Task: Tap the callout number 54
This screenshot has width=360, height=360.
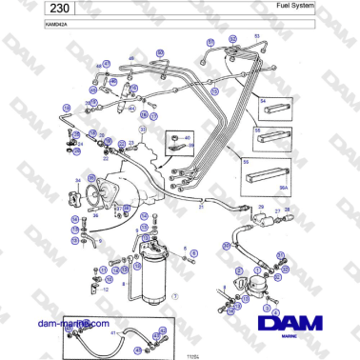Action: pos(263,98)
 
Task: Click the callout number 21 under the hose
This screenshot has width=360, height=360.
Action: pos(201,206)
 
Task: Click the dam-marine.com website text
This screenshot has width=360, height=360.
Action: pos(70,325)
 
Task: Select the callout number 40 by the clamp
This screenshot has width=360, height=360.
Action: pos(188,138)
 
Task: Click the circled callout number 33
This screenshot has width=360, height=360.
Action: pos(144,128)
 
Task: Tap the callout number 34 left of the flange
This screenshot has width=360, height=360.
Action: pos(77,180)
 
